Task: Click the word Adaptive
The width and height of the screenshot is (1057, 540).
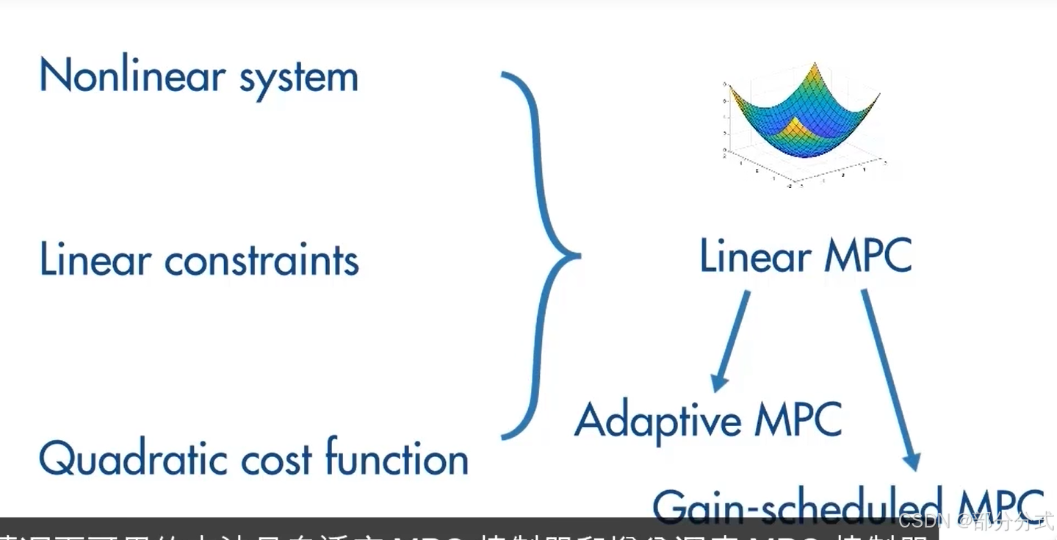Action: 648,421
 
